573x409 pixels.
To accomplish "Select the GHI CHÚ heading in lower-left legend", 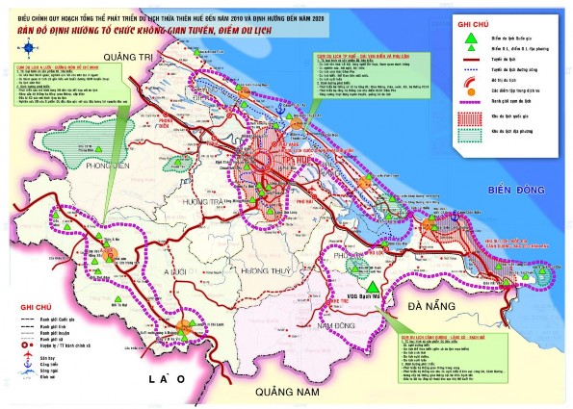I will click(x=26, y=307).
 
